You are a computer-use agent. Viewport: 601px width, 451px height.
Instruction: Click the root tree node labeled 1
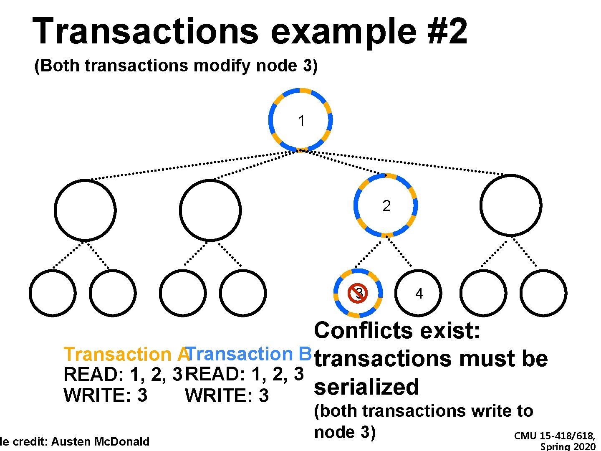(x=301, y=120)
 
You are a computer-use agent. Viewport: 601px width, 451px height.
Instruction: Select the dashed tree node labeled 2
(x=386, y=205)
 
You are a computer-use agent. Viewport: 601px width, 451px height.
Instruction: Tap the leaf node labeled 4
(x=418, y=293)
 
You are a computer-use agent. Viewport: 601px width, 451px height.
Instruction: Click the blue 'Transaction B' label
(x=250, y=354)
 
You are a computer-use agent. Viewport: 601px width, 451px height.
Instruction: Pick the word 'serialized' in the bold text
(x=366, y=387)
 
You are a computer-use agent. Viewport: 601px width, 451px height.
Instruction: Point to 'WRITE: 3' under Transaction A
(x=105, y=395)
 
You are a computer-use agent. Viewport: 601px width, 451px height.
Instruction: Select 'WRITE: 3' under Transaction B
(x=227, y=395)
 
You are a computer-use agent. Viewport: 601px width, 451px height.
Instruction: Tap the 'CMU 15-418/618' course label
(x=554, y=436)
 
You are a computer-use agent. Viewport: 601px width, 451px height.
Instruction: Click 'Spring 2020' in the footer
(x=568, y=447)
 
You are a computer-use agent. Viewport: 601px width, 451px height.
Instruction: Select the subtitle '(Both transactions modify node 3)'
(x=176, y=66)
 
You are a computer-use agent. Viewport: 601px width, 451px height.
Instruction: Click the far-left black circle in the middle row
(x=85, y=210)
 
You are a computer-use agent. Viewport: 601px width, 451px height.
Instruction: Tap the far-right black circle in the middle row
(x=510, y=205)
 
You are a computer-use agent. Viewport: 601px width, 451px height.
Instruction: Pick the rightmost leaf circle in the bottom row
(x=543, y=293)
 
